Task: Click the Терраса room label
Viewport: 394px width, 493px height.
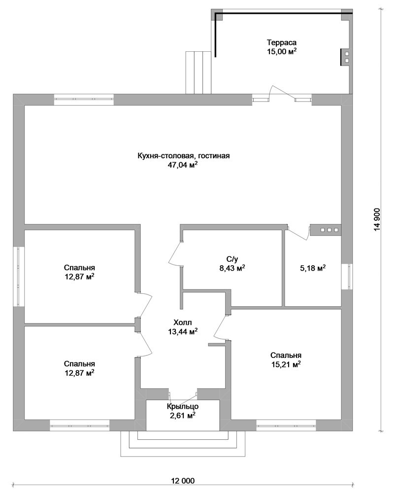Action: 282,42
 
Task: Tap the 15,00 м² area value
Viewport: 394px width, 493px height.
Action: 282,52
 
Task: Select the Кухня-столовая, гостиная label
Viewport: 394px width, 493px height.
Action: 184,156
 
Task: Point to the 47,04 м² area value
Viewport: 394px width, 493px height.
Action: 184,165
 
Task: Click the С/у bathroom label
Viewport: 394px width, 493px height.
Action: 232,259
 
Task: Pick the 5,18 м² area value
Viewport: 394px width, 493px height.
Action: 312,268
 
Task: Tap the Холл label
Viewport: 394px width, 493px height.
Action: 182,322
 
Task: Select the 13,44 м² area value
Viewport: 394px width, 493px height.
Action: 182,331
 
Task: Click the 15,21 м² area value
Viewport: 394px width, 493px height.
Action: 286,364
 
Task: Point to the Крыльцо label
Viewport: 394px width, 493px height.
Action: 183,407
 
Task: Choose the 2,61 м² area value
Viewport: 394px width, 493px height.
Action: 183,416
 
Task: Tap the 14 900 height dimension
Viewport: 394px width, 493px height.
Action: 377,219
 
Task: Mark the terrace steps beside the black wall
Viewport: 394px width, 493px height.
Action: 198,72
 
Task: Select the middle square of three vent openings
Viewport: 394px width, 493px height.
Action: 329,230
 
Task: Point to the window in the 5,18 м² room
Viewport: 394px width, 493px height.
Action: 347,277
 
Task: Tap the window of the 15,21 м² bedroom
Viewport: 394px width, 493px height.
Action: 286,425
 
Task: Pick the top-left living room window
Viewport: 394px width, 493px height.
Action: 84,99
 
